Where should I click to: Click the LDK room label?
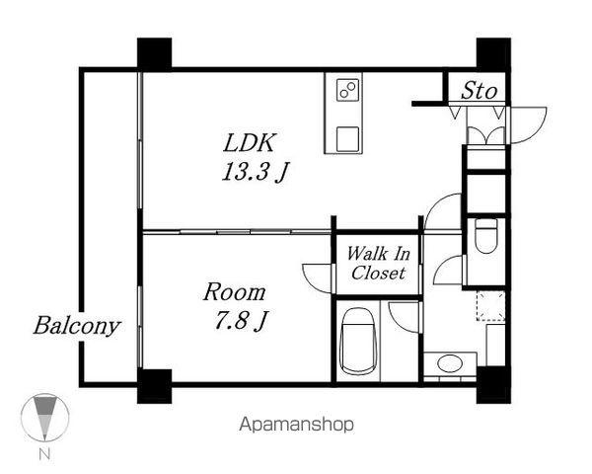[250, 142]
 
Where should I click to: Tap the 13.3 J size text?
[256, 171]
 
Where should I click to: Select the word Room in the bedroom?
[235, 292]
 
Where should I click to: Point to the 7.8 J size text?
[242, 321]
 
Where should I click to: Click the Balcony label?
[77, 326]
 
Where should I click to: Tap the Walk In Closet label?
[378, 263]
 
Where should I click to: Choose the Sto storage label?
[479, 91]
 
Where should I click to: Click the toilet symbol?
[485, 235]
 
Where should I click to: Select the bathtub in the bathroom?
[359, 342]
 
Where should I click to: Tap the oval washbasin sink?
[450, 363]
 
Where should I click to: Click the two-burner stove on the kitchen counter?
[347, 90]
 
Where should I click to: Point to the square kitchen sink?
[347, 139]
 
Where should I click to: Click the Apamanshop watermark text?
[297, 425]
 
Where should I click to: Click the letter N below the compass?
[44, 454]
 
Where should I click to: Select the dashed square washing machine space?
[490, 306]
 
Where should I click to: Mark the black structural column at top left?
[155, 53]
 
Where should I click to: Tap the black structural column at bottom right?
[493, 385]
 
